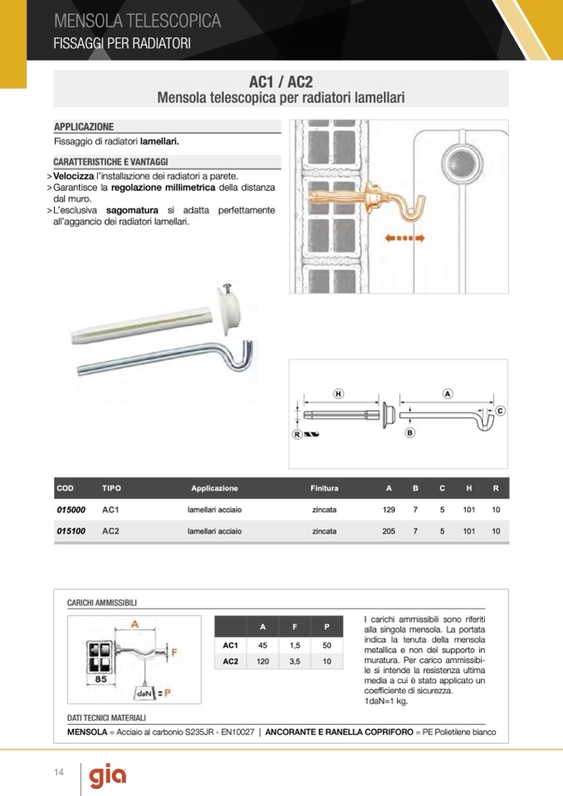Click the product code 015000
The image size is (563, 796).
(x=71, y=510)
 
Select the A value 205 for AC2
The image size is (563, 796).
(x=389, y=531)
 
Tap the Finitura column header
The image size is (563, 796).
(x=325, y=488)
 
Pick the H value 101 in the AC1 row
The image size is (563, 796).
(x=469, y=510)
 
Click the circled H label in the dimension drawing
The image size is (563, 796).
(x=339, y=393)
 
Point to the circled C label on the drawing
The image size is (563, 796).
(x=501, y=411)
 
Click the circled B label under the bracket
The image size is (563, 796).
(x=410, y=432)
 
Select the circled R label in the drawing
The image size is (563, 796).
(x=296, y=433)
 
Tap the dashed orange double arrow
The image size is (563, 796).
(x=406, y=238)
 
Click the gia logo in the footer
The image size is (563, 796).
(x=108, y=775)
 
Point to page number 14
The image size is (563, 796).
(x=59, y=774)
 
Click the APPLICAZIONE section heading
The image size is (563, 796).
(x=84, y=127)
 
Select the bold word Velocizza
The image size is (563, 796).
(x=75, y=177)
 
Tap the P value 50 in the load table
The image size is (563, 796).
(x=326, y=645)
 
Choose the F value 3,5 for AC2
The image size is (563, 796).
(x=295, y=662)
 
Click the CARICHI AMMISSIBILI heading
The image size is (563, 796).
(x=102, y=603)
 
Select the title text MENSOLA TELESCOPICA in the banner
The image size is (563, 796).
(x=137, y=21)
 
